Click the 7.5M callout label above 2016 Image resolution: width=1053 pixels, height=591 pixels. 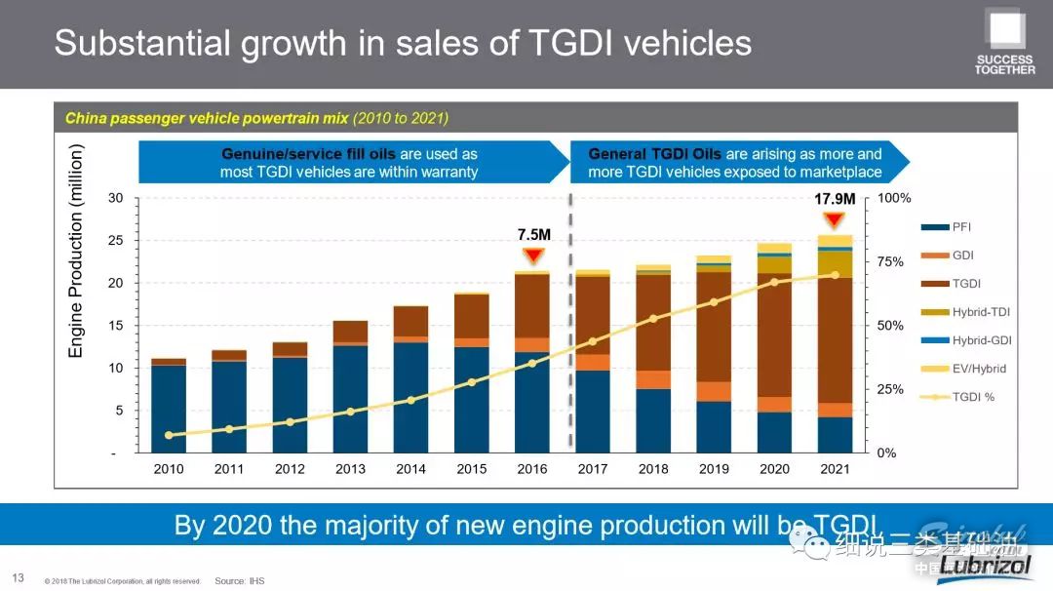coord(533,235)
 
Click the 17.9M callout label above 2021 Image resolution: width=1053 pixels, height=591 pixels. coord(835,199)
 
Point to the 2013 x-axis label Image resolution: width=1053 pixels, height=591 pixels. coord(350,469)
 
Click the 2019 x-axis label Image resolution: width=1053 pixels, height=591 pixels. coord(714,469)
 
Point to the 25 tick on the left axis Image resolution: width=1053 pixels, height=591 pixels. coord(116,241)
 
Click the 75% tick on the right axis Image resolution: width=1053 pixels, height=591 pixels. coord(889,262)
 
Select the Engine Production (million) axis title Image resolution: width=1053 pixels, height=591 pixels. coord(77,252)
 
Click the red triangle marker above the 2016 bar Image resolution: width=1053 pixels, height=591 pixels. coord(532,256)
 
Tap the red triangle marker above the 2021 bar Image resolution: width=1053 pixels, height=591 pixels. coord(835,218)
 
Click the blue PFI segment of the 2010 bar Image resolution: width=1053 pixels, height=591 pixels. coord(169,409)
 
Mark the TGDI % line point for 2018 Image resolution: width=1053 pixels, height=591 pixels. coord(653,319)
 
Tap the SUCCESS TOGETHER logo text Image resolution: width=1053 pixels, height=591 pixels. coord(1005,64)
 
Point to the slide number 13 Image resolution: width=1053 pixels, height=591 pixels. coord(18,578)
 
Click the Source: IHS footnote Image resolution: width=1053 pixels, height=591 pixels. coord(239,581)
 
